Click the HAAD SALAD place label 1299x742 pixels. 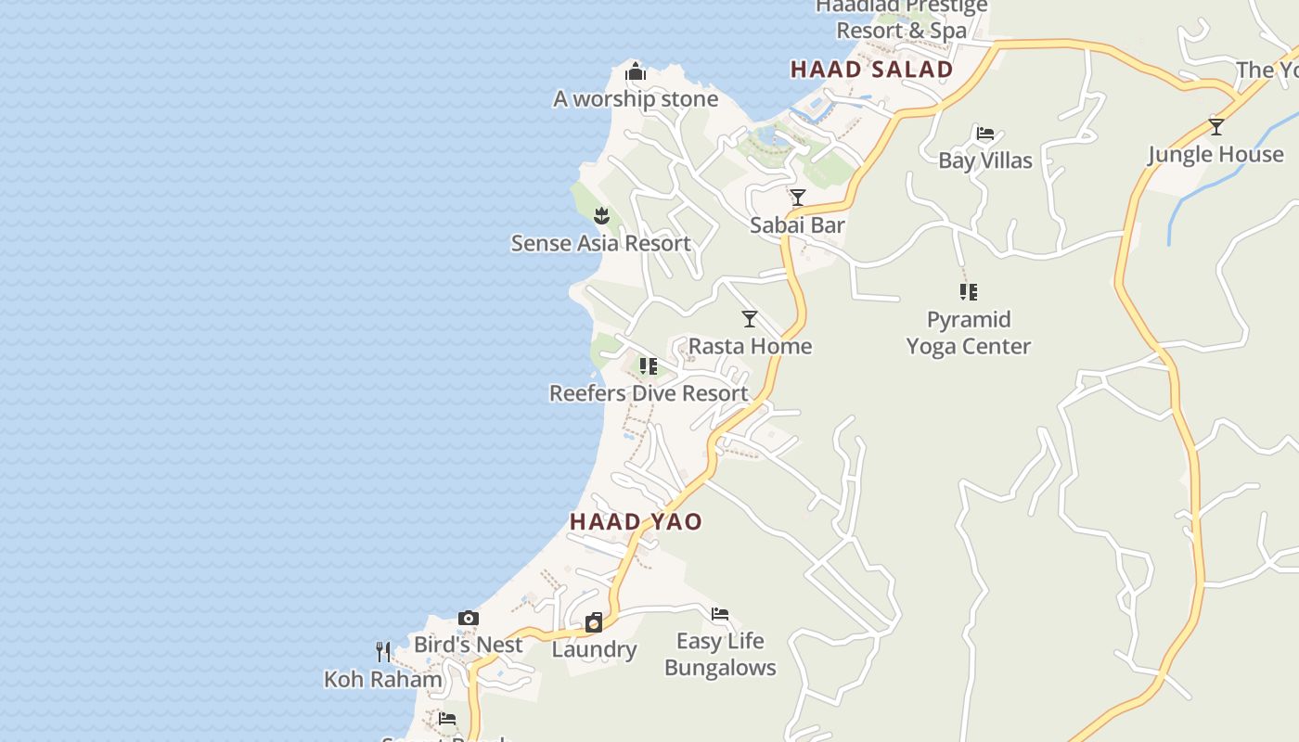[871, 70]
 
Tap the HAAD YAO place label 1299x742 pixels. [636, 521]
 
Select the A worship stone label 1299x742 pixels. [636, 99]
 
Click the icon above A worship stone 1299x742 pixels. [636, 71]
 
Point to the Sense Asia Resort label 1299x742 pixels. [600, 243]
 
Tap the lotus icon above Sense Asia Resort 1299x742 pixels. [601, 216]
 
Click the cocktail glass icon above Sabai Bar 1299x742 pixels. [797, 198]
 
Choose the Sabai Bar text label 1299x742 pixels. [797, 224]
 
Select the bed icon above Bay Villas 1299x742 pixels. [985, 134]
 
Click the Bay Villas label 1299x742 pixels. [985, 160]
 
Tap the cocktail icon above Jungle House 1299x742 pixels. [1215, 127]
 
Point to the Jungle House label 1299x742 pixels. [1215, 154]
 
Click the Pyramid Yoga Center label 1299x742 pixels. [969, 333]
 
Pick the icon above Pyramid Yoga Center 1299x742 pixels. [969, 292]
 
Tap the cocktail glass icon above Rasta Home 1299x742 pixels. [750, 319]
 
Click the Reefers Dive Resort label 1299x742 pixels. [649, 393]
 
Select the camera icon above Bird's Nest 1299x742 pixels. [469, 618]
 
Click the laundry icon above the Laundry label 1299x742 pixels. [594, 622]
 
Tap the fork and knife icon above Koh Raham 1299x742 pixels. [383, 652]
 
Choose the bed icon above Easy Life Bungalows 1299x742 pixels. [720, 614]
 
